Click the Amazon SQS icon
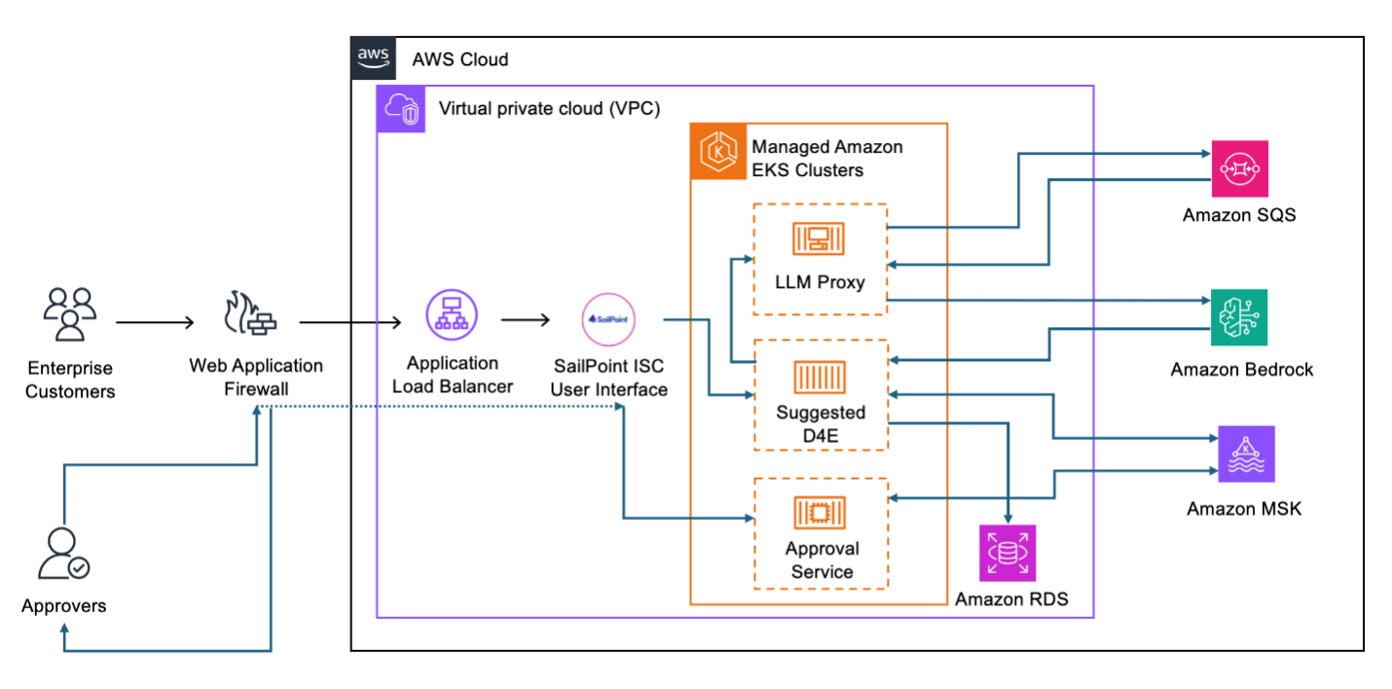point(1239,168)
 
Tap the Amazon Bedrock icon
point(1239,317)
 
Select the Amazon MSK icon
point(1246,453)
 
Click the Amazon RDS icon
point(1007,553)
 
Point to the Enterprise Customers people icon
point(70,314)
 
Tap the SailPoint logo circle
point(609,319)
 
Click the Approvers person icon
point(62,555)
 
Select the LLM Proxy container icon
point(820,238)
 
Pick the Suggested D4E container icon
point(820,375)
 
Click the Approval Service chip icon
point(820,512)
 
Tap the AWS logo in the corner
point(374,57)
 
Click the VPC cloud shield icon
point(401,108)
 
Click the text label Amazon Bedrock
point(1241,370)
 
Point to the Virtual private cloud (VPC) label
point(549,108)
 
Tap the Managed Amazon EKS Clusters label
point(826,159)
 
